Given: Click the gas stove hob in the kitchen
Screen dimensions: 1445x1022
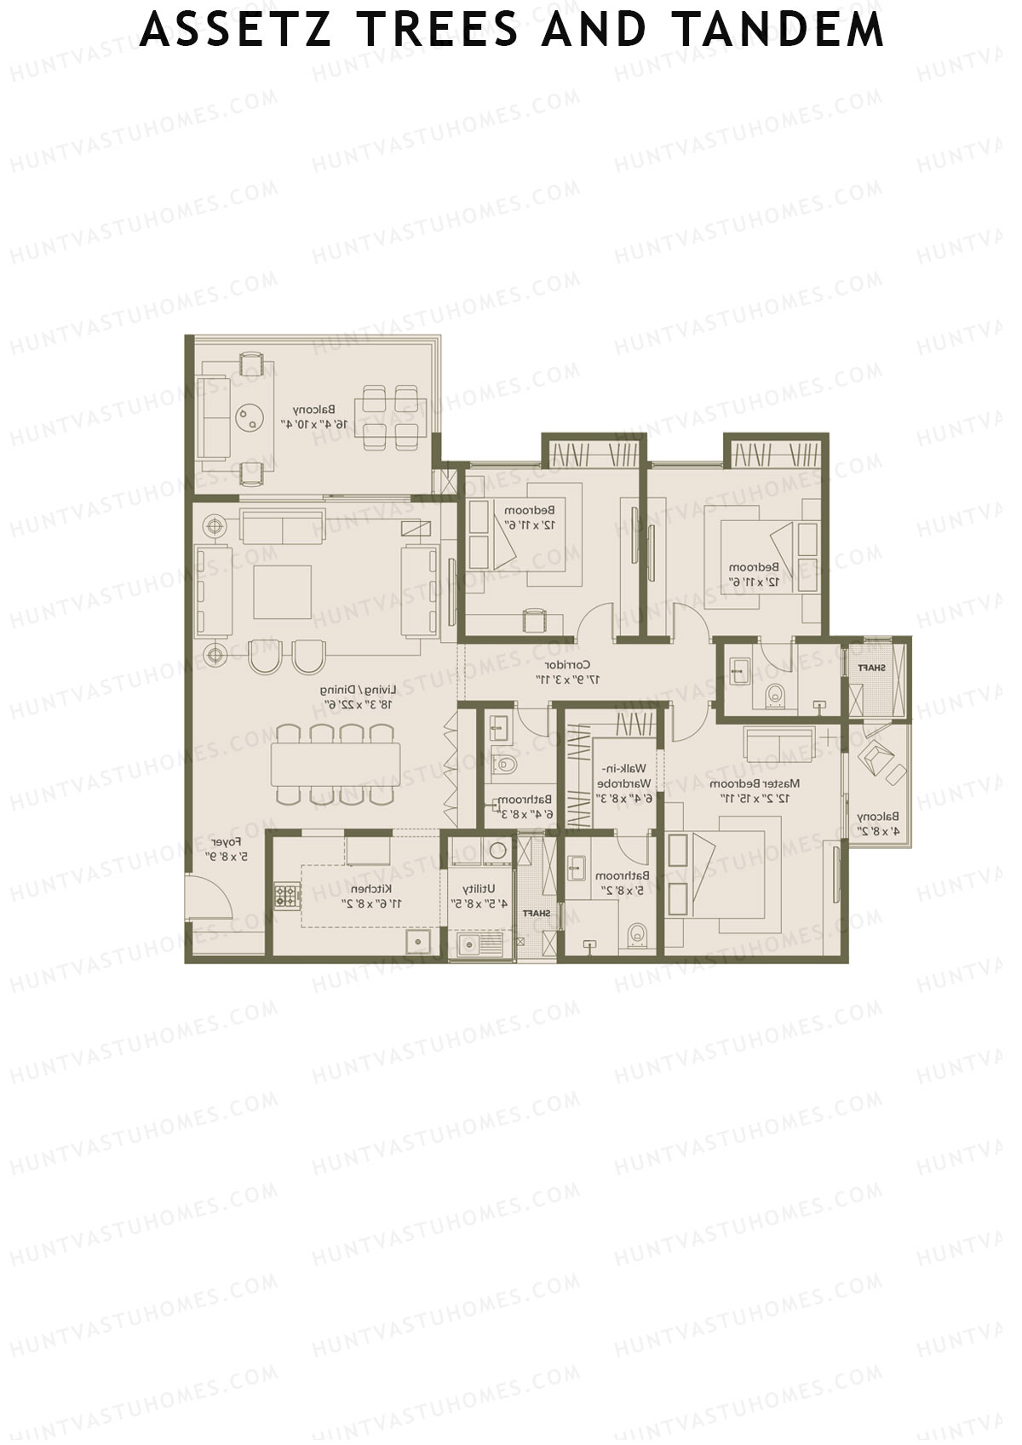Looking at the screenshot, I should click(286, 896).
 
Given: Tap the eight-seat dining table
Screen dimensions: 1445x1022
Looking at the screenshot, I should click(336, 765).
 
